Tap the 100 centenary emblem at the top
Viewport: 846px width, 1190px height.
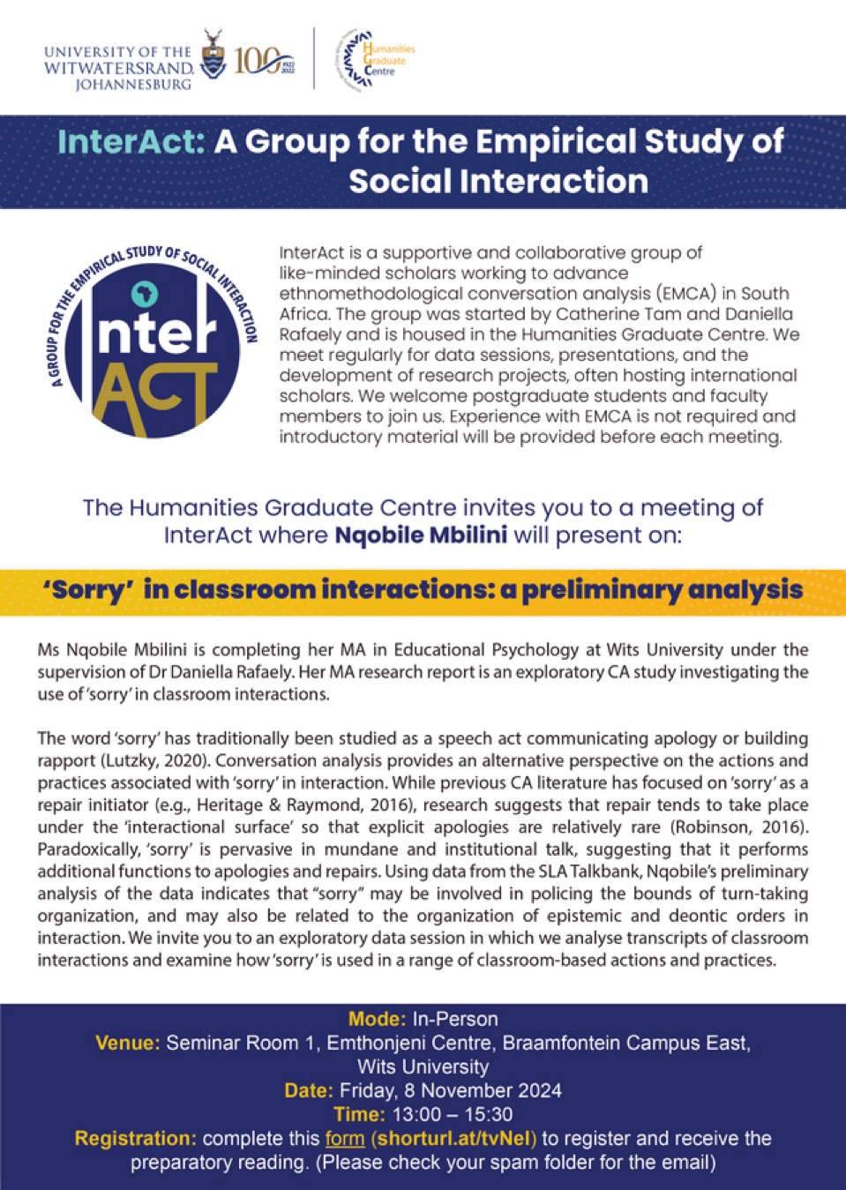263,61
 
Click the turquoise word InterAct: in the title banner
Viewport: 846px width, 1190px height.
131,142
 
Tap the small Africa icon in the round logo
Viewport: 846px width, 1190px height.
139,293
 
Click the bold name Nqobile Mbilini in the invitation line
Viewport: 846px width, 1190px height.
421,535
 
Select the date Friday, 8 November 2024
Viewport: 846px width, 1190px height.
449,1091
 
